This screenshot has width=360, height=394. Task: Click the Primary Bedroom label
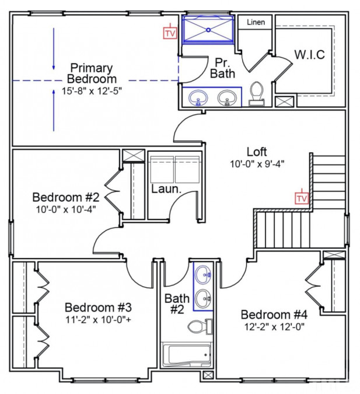(x=92, y=73)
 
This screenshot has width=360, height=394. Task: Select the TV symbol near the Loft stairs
(x=301, y=198)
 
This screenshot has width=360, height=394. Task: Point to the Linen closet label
(x=256, y=22)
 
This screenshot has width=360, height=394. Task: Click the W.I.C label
(x=309, y=55)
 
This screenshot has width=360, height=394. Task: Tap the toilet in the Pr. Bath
(x=256, y=93)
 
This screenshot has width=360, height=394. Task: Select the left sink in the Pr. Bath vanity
(x=199, y=97)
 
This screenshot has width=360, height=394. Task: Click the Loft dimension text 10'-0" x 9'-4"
(x=257, y=164)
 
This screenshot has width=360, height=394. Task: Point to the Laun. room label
(x=164, y=189)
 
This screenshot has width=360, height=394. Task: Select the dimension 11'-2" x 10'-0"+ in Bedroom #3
(x=99, y=319)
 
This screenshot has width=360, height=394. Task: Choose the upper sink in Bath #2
(x=203, y=273)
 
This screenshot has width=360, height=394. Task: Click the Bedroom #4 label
(x=274, y=314)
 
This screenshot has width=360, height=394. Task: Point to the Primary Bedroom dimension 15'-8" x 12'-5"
(x=92, y=91)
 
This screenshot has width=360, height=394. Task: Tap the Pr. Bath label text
(x=222, y=67)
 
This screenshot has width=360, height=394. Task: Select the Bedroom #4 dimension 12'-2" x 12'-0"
(x=274, y=327)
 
